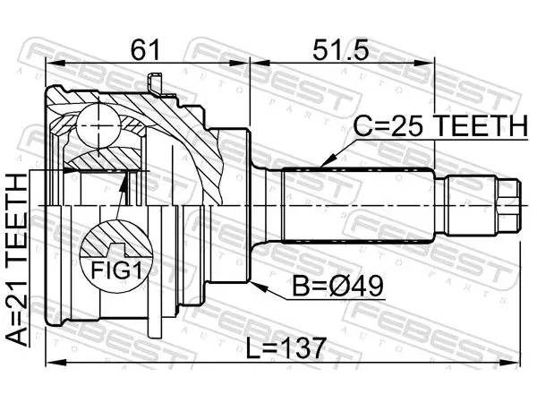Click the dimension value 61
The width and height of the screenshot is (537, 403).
[x=146, y=49]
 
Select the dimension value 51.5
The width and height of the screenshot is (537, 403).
[x=340, y=49]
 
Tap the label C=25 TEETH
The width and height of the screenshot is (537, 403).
[x=440, y=125]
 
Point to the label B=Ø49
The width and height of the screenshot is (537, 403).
[x=337, y=287]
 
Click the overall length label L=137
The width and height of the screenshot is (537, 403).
[x=286, y=347]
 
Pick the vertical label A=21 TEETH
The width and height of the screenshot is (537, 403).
[x=16, y=260]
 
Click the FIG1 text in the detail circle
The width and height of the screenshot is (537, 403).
[x=116, y=271]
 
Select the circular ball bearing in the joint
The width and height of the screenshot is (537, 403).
[x=98, y=125]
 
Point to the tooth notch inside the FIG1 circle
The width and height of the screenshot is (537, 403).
[x=115, y=249]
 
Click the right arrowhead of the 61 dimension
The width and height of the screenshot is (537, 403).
[x=241, y=63]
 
